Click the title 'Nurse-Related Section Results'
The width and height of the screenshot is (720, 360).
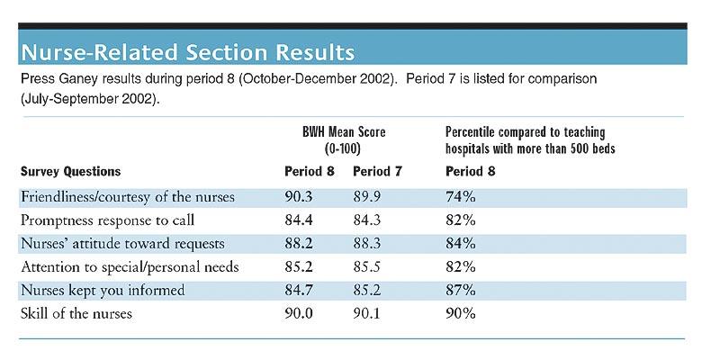(188, 52)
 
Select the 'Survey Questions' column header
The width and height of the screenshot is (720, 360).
(71, 172)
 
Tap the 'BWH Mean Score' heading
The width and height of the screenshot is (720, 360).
(344, 132)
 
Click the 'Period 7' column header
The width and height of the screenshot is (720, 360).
(377, 172)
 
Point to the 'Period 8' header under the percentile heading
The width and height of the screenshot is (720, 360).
(471, 172)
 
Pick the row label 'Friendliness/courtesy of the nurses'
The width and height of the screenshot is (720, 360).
(128, 197)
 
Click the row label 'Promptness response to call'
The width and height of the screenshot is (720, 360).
(107, 220)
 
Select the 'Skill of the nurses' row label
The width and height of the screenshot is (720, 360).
(76, 313)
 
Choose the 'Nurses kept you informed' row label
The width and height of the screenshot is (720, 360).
(103, 290)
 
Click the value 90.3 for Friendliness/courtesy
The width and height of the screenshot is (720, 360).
(299, 197)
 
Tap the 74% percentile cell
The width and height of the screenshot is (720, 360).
(461, 197)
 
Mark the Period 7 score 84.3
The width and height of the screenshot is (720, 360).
(367, 220)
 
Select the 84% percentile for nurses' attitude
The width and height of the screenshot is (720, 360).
(461, 244)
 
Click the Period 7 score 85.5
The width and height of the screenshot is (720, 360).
(367, 266)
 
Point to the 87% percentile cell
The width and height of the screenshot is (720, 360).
(461, 290)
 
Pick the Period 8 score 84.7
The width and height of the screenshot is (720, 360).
(299, 290)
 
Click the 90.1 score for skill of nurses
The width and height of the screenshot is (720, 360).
(367, 313)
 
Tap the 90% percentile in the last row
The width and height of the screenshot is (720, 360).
(461, 313)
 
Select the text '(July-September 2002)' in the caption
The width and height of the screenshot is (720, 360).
(90, 99)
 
